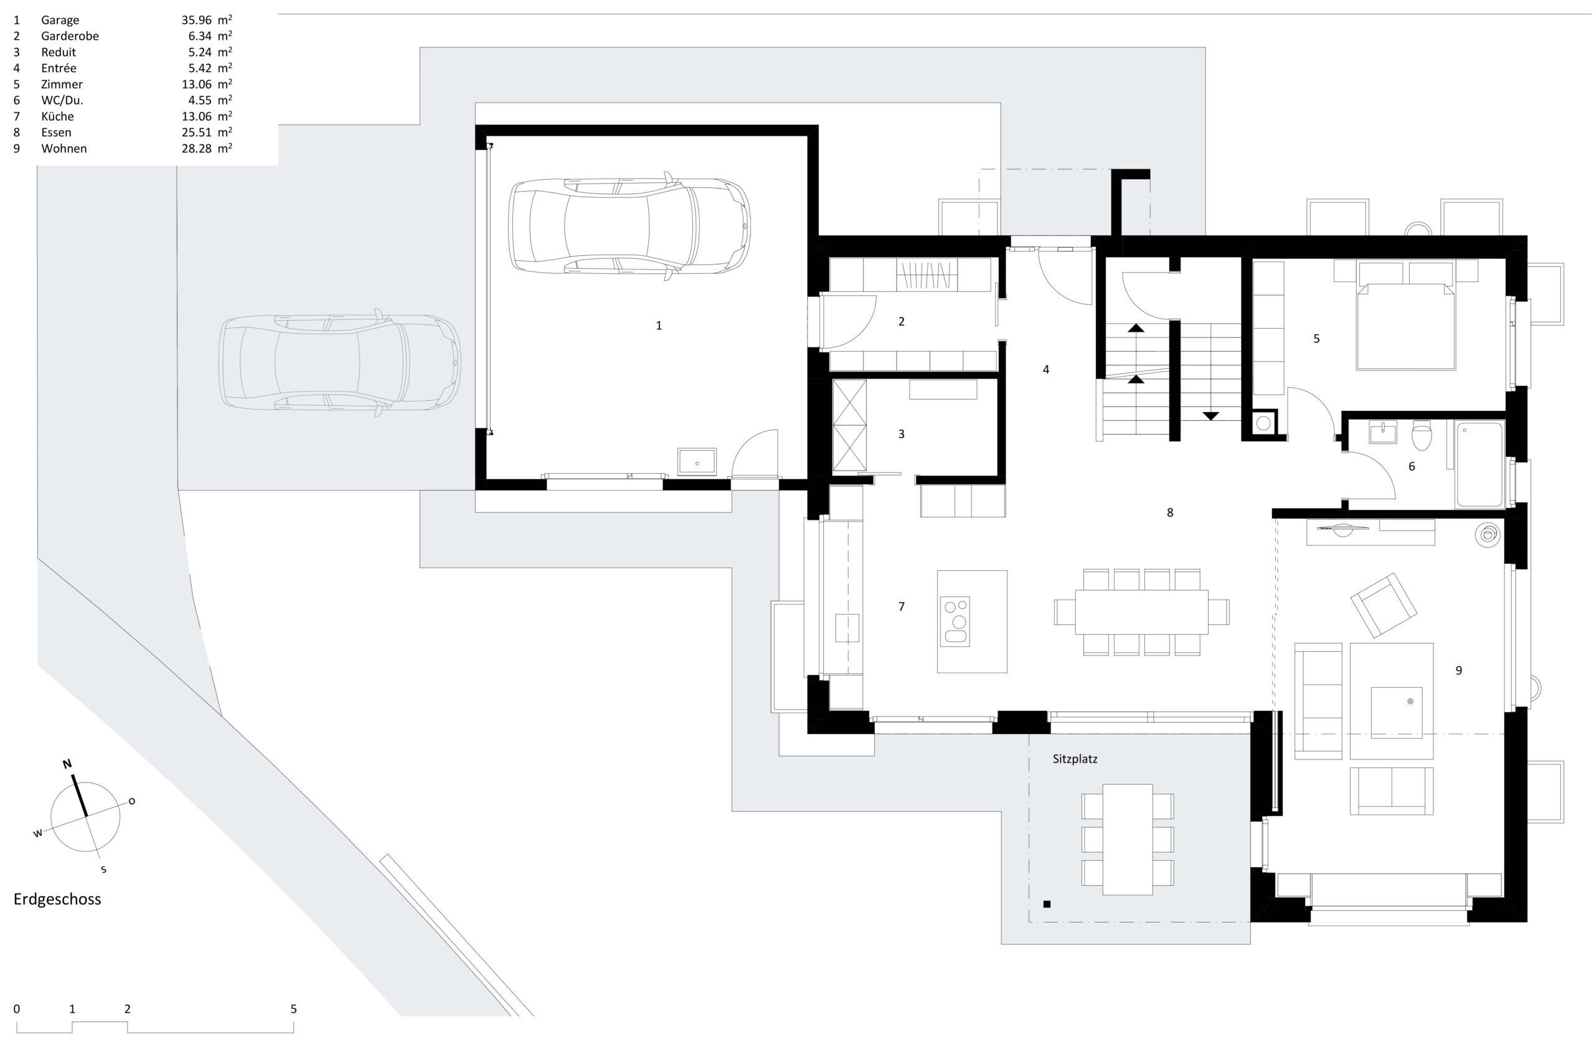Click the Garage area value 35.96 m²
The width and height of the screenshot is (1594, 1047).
(207, 20)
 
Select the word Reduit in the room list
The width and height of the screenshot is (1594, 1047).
(59, 52)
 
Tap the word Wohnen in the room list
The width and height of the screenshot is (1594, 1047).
(64, 149)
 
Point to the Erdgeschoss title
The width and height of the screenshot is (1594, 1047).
(58, 898)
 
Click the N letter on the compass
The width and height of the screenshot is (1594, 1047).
(67, 764)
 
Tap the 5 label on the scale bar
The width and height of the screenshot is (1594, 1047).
(293, 1008)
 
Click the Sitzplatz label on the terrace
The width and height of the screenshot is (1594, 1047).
(1075, 759)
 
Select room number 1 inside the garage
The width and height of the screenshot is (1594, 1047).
(658, 326)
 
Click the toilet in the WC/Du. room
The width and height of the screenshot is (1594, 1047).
(1420, 436)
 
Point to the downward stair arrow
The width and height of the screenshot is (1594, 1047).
(1210, 415)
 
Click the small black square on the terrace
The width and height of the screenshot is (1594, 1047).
(1047, 904)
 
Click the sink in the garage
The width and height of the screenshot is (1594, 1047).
(697, 461)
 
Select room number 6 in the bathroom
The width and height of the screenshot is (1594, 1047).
(1412, 467)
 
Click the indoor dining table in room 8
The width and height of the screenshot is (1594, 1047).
(1142, 612)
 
